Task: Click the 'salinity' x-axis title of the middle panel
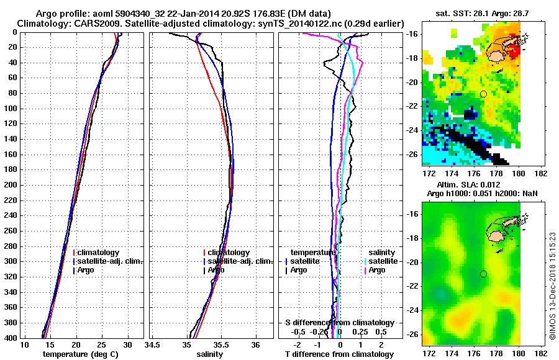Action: [x=210, y=354]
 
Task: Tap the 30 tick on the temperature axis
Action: [x=127, y=344]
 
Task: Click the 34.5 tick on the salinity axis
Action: [x=152, y=344]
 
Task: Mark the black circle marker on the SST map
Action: [x=483, y=94]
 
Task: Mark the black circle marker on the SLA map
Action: [x=483, y=274]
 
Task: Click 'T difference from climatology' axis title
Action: [x=339, y=354]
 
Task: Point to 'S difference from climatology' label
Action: [x=339, y=323]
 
